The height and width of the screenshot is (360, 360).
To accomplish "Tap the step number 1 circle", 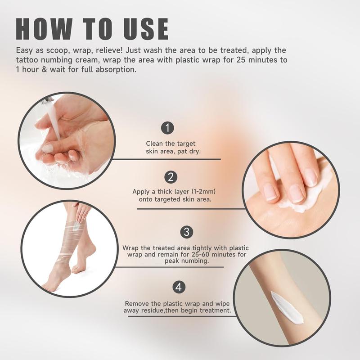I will (x=167, y=128).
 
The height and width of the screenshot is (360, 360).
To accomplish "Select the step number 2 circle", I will (x=170, y=176).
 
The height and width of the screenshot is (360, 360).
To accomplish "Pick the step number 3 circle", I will (x=186, y=232).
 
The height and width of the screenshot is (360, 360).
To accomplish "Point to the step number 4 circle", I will (x=179, y=287).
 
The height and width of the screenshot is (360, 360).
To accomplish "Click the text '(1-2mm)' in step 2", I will (x=209, y=192).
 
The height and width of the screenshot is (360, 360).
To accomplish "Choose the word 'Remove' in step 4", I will (x=137, y=304).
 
